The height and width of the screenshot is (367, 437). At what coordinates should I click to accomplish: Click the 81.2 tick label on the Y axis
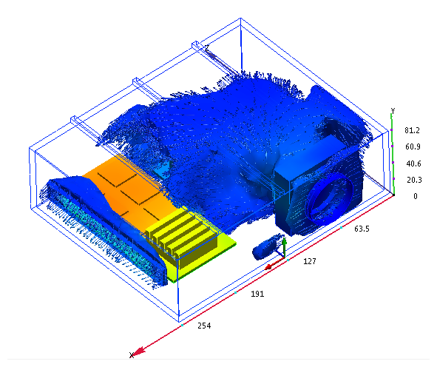(x=412, y=130)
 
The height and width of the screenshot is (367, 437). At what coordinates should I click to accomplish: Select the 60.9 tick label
(x=413, y=147)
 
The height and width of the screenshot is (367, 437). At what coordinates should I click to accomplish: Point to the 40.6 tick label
(x=413, y=164)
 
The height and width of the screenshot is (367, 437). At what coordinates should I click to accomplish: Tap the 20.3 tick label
(x=414, y=180)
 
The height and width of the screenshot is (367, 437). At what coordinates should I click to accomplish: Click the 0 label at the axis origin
(x=416, y=196)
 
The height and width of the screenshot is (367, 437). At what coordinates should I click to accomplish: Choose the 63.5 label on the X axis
(x=362, y=229)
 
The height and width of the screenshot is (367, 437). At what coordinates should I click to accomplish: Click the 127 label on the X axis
(x=310, y=261)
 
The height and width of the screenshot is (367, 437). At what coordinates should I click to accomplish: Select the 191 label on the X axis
(x=257, y=294)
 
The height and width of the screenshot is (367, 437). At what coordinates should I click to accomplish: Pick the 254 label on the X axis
(x=204, y=326)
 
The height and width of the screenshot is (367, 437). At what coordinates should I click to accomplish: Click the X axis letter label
(x=132, y=355)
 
